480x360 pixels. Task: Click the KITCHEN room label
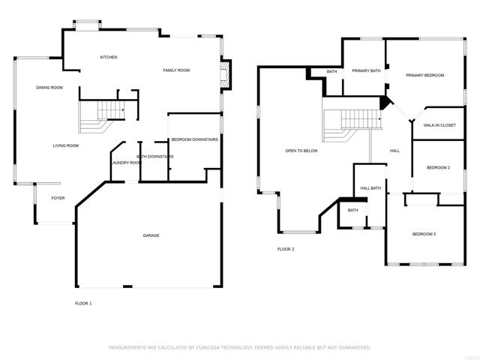click(x=109, y=58)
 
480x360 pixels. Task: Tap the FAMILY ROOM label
click(x=177, y=70)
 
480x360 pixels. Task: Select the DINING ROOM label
click(x=49, y=88)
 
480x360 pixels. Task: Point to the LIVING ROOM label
click(x=65, y=145)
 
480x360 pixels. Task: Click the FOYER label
click(x=58, y=198)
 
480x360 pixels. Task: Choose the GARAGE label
click(x=151, y=235)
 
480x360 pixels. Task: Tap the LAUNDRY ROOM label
click(x=125, y=163)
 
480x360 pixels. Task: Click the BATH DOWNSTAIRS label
click(x=155, y=157)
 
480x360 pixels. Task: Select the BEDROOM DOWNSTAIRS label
click(x=194, y=140)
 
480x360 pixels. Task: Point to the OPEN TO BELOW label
click(x=301, y=151)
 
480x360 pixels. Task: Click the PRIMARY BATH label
click(x=366, y=70)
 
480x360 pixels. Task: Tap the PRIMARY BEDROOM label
click(x=425, y=76)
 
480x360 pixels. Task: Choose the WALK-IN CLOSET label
click(x=439, y=125)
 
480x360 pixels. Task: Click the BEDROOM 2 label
click(x=438, y=168)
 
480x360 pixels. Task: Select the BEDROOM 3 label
click(x=424, y=235)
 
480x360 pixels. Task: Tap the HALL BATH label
click(x=370, y=188)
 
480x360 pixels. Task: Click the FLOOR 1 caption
click(x=83, y=303)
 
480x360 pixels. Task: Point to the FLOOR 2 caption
click(x=286, y=249)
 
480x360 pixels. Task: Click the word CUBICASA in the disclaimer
click(x=212, y=348)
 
